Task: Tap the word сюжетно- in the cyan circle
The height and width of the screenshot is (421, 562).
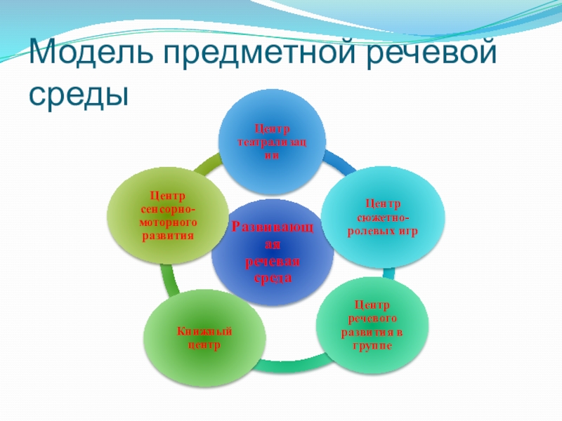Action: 383,218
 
